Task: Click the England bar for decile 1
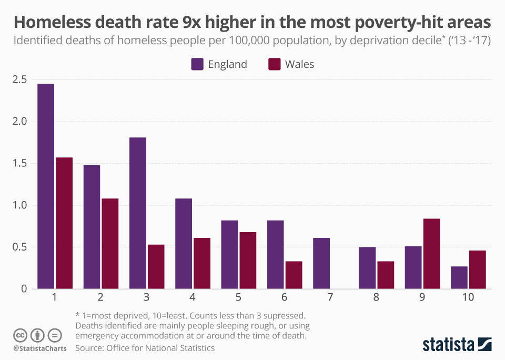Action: tap(46, 186)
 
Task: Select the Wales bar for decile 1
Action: tap(64, 223)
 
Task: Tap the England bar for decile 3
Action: tap(137, 213)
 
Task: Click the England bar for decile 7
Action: tap(321, 263)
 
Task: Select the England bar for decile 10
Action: tap(459, 277)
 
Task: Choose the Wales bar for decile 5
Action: tap(248, 260)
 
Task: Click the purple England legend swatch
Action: tap(197, 64)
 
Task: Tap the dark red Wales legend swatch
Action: tap(275, 64)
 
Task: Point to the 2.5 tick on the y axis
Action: tap(20, 80)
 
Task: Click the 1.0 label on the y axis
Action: tap(20, 205)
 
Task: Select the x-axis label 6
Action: tap(285, 297)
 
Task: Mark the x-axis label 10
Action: tap(468, 297)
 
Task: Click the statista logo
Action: tap(457, 345)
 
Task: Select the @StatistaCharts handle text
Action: tap(40, 348)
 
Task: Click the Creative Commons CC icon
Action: tap(21, 335)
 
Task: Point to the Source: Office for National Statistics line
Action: tap(145, 348)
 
